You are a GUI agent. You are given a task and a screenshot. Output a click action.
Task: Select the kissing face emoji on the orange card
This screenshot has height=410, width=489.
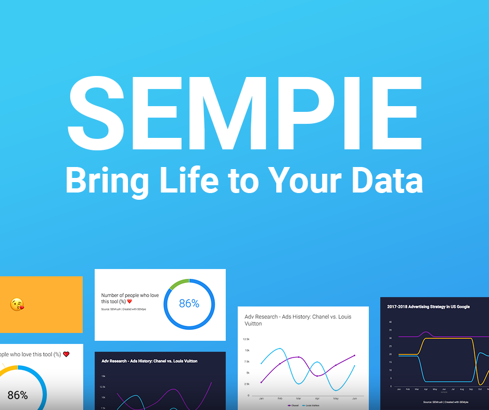[x=17, y=304]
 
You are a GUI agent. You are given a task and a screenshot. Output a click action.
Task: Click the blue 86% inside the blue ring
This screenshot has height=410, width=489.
[x=189, y=303]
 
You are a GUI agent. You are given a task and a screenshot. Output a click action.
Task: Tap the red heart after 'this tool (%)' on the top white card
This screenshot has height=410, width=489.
[x=130, y=301]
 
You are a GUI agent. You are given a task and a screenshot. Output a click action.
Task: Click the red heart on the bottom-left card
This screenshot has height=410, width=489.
[x=66, y=354]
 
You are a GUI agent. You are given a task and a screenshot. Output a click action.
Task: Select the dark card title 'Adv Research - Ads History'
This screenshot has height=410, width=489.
[x=149, y=361]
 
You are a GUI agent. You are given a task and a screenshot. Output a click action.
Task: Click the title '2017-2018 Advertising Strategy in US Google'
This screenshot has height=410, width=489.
[x=428, y=306]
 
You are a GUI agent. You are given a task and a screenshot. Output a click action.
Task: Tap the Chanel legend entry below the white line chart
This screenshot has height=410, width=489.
[x=293, y=405]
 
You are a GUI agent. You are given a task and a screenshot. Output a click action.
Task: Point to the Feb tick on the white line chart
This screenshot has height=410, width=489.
[x=280, y=398]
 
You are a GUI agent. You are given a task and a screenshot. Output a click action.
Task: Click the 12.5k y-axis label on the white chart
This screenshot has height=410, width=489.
[x=247, y=339]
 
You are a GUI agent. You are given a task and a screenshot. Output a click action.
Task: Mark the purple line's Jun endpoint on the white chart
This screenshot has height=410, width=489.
[x=354, y=355]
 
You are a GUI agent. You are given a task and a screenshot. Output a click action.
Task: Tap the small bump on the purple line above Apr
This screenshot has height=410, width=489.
[x=426, y=332]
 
